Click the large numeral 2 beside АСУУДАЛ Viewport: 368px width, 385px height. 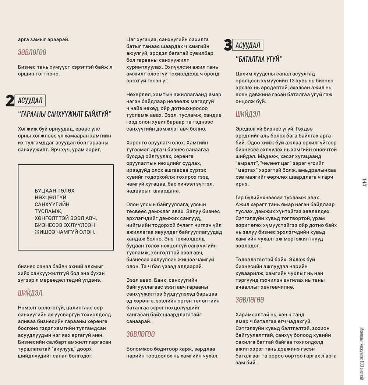pos(10,101)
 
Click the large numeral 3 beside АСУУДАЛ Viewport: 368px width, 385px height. pos(228,45)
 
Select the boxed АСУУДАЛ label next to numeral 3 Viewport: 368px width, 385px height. pos(248,45)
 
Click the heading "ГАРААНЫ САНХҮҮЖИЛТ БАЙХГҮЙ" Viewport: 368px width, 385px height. pos(64,114)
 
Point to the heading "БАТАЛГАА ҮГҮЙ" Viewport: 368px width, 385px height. pos(259,59)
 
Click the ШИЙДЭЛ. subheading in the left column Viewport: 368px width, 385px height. pos(31,293)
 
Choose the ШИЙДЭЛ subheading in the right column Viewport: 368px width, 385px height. pos(248,114)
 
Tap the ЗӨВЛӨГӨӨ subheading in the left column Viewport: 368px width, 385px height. pos(32,53)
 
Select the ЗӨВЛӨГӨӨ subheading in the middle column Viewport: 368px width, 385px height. pos(141,334)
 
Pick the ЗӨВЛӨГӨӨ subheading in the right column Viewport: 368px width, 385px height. pos(250,300)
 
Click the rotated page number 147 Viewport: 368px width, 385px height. pos(364,182)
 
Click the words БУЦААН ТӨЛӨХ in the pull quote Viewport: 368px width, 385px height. pos(54,191)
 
